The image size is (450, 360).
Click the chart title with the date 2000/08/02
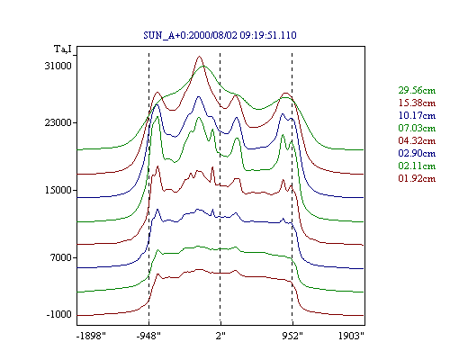[x=220, y=35]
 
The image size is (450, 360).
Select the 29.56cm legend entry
[x=417, y=90]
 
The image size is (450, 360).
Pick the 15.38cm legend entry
[x=417, y=103]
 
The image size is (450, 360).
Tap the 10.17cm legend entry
[x=417, y=115]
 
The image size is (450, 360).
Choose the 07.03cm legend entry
[x=417, y=128]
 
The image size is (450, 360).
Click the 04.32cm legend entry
[x=417, y=140]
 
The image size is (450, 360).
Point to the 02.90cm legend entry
[x=417, y=153]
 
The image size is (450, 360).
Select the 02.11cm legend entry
[x=417, y=166]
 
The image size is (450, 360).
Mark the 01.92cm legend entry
[x=417, y=178]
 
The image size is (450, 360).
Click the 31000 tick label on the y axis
[x=58, y=66]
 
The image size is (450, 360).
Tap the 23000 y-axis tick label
[x=58, y=122]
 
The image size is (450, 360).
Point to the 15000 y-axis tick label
[x=58, y=190]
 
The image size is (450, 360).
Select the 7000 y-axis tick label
[x=61, y=257]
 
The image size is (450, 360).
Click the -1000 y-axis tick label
[x=58, y=314]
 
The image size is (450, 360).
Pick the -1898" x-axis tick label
[x=91, y=336]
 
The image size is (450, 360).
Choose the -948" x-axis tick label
[x=148, y=336]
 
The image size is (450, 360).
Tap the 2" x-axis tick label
[x=220, y=336]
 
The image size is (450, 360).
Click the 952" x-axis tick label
[x=292, y=336]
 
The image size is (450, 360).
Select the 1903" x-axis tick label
[x=351, y=336]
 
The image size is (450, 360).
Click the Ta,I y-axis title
[x=63, y=49]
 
